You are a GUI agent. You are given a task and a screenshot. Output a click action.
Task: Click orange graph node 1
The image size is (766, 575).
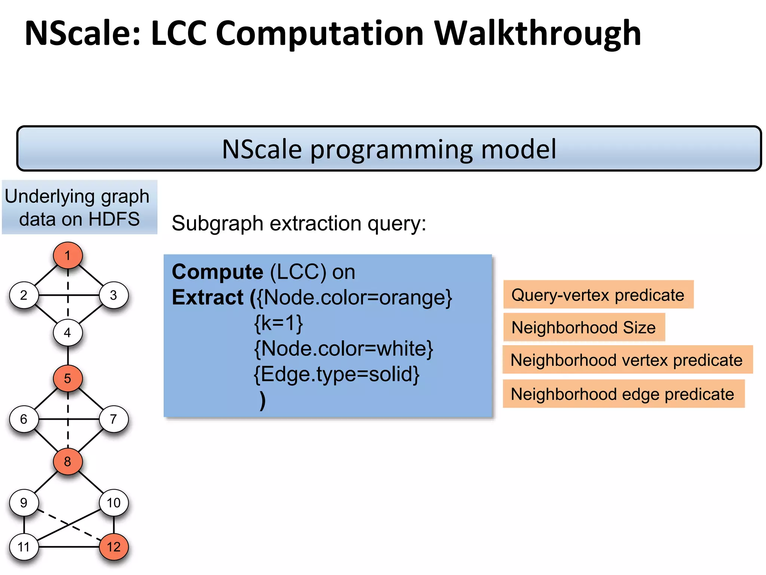coord(68,255)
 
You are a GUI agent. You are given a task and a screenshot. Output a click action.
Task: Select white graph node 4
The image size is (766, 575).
coord(68,332)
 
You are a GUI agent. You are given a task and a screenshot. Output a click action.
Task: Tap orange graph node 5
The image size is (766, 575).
coord(68,378)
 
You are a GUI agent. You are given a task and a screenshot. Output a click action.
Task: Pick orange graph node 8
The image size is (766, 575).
coord(68,461)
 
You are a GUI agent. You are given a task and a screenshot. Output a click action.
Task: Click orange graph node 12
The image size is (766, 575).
coord(114,547)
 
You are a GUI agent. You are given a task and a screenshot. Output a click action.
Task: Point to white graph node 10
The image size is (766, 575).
coord(114,502)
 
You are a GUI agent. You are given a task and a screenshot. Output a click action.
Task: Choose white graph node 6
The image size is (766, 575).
coord(24,419)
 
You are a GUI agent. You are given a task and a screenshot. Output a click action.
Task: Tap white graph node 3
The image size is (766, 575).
coord(114,295)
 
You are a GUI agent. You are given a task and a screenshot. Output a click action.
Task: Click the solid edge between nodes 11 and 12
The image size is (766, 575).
coord(69,547)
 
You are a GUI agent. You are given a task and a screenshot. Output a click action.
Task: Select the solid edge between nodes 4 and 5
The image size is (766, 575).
coord(68,356)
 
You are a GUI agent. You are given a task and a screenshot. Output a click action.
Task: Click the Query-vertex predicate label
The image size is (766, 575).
coord(598,295)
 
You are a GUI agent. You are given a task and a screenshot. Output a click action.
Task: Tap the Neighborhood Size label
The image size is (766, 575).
coord(583,328)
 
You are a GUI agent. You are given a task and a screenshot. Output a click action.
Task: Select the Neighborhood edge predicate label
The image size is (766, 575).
coord(622,394)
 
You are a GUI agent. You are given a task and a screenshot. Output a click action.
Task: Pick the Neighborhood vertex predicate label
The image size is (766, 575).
coord(626,360)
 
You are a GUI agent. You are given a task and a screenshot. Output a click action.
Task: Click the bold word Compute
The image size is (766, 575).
coord(217,272)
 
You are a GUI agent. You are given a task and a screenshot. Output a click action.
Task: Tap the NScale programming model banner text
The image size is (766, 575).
coord(389,149)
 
